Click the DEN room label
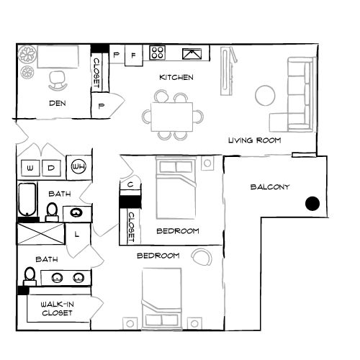click(x=58, y=103)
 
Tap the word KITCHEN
click(x=176, y=77)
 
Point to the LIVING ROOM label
click(x=254, y=140)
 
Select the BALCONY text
click(x=270, y=187)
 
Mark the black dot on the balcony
click(x=312, y=204)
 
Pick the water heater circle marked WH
click(x=78, y=168)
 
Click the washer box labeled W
click(x=30, y=168)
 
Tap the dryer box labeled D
click(x=51, y=168)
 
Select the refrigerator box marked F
click(x=133, y=54)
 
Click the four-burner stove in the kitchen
click(x=158, y=53)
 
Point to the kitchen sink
click(x=192, y=53)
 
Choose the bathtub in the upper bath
click(x=27, y=201)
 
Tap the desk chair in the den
click(x=58, y=79)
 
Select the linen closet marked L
click(x=76, y=234)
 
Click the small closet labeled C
click(x=130, y=184)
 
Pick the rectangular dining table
click(x=172, y=115)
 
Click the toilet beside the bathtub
click(x=52, y=211)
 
